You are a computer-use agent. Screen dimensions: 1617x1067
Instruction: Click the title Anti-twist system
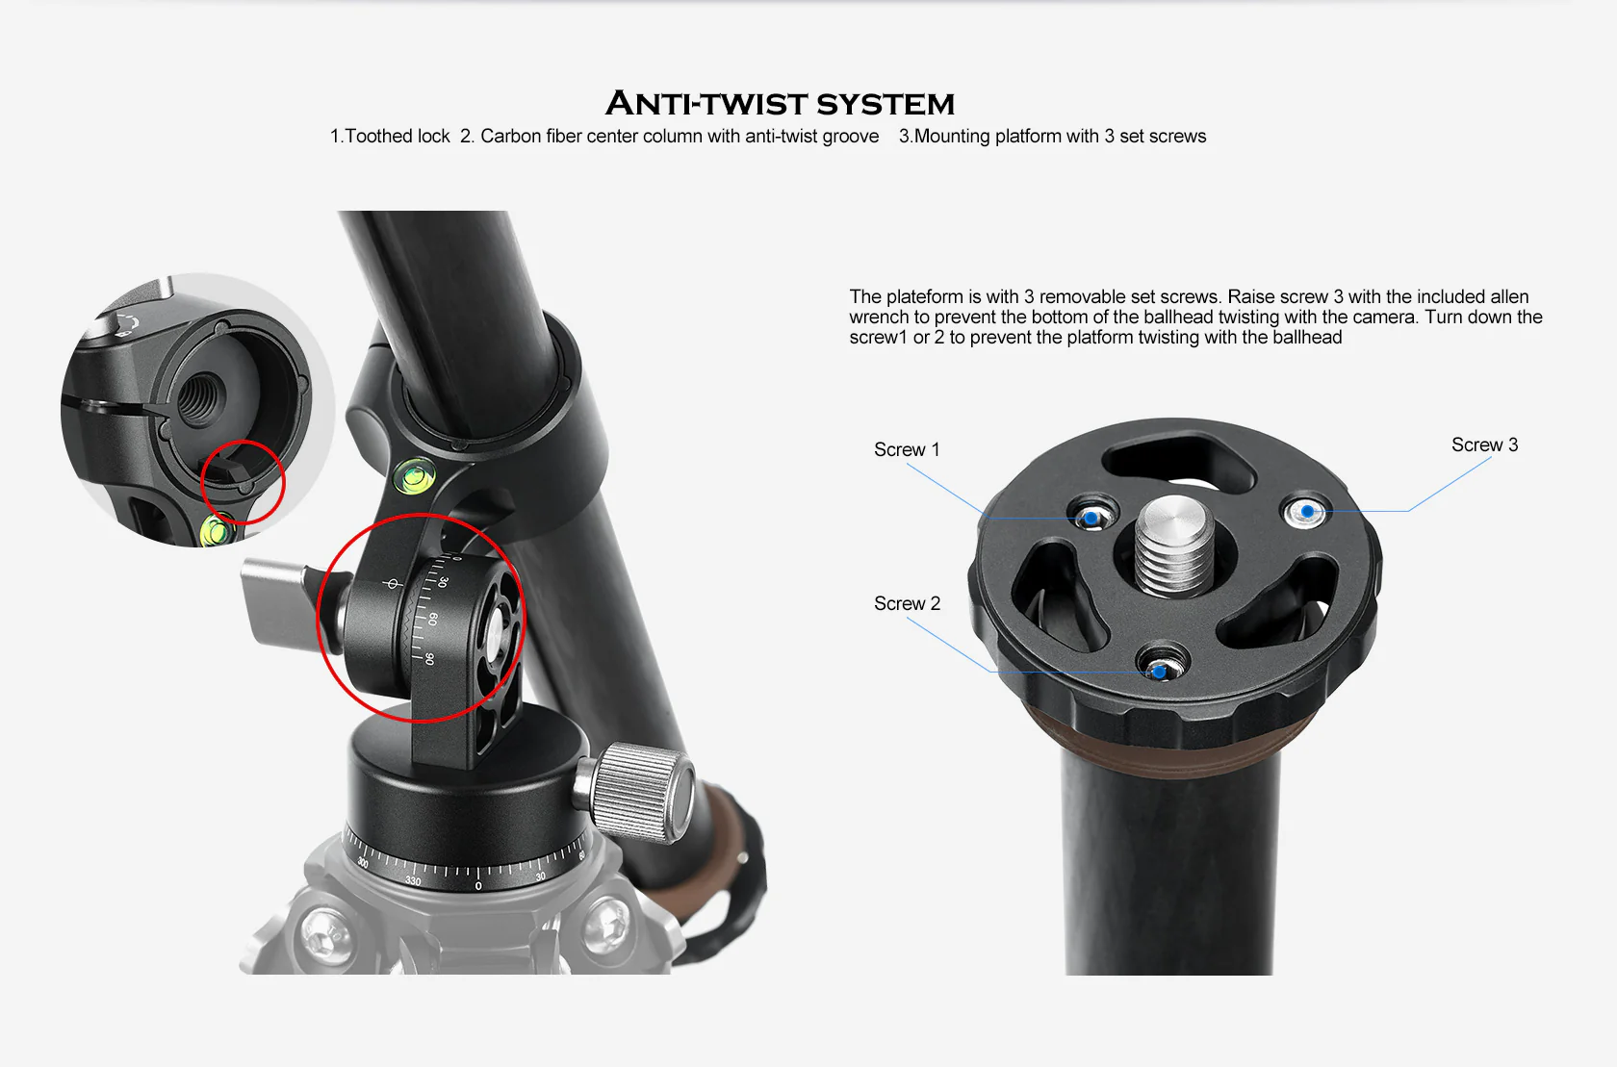coord(780,103)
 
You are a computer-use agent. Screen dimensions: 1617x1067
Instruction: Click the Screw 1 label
coord(907,449)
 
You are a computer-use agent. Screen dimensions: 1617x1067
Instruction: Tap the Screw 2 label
coord(907,603)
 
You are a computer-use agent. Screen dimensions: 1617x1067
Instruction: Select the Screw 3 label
coord(1484,445)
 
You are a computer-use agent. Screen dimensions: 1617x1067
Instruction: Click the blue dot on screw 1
coord(1091,518)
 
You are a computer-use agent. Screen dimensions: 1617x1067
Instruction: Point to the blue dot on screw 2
coord(1159,673)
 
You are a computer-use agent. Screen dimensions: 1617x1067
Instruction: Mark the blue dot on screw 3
coord(1307,512)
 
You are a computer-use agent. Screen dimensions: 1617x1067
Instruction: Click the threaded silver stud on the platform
coord(1174,546)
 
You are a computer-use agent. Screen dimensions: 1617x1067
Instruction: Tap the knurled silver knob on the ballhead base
coord(635,792)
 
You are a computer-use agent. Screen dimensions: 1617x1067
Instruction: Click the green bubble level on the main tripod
coord(414,475)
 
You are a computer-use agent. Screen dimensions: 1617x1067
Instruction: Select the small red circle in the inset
coord(244,481)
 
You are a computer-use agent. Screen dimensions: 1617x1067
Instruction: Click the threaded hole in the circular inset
coord(202,396)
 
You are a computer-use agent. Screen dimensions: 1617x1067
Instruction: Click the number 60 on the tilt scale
coord(433,619)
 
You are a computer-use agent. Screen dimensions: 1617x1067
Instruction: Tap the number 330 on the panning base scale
coord(413,880)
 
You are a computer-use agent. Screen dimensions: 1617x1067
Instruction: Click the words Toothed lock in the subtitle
coord(397,137)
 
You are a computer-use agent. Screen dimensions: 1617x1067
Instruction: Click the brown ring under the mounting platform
coord(1169,743)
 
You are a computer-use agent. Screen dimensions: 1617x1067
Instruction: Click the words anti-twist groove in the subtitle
coord(812,137)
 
